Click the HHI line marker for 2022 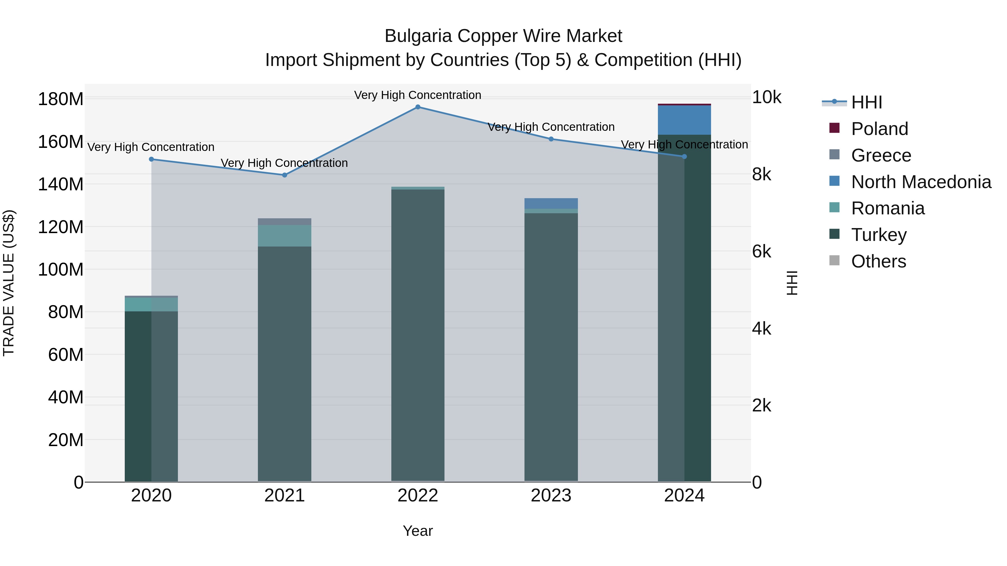tap(418, 107)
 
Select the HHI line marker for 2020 tap(151, 159)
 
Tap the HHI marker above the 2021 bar tap(284, 175)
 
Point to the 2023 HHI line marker tap(551, 139)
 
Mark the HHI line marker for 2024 tap(684, 157)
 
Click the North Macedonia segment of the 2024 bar tap(684, 120)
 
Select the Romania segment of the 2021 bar tap(284, 236)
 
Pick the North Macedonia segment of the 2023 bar tap(551, 203)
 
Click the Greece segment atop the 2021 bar tap(284, 221)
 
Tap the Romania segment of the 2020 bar tap(151, 304)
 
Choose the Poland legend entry tap(879, 129)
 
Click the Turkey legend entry tap(879, 235)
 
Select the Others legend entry tap(878, 261)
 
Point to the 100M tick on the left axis tap(61, 269)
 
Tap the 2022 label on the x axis tap(418, 496)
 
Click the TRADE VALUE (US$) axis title tap(9, 283)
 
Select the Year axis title tap(418, 531)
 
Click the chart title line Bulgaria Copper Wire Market tap(503, 36)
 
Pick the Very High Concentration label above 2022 tap(418, 95)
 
